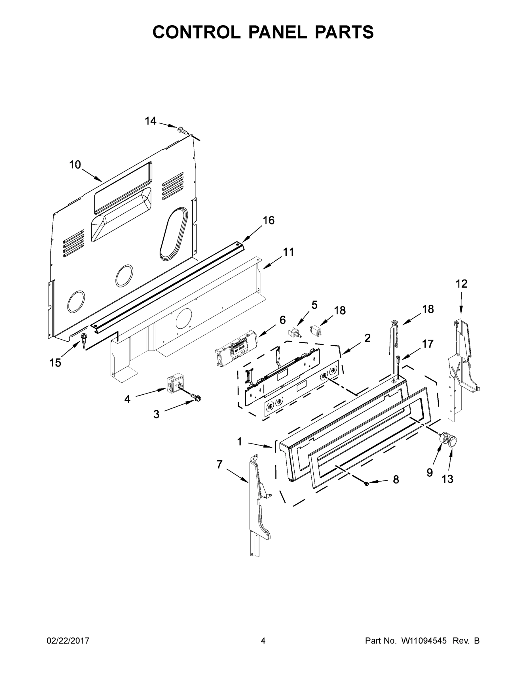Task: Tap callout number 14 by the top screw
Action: point(151,121)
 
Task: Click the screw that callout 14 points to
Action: point(182,129)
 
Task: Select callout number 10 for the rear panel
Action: point(75,165)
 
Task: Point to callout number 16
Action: point(268,220)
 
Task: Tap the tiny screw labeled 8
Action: point(366,484)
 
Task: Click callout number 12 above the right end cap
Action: point(462,284)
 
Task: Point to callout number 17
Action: point(428,344)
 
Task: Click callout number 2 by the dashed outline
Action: point(367,338)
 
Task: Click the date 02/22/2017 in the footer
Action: point(68,641)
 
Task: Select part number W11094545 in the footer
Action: point(424,641)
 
